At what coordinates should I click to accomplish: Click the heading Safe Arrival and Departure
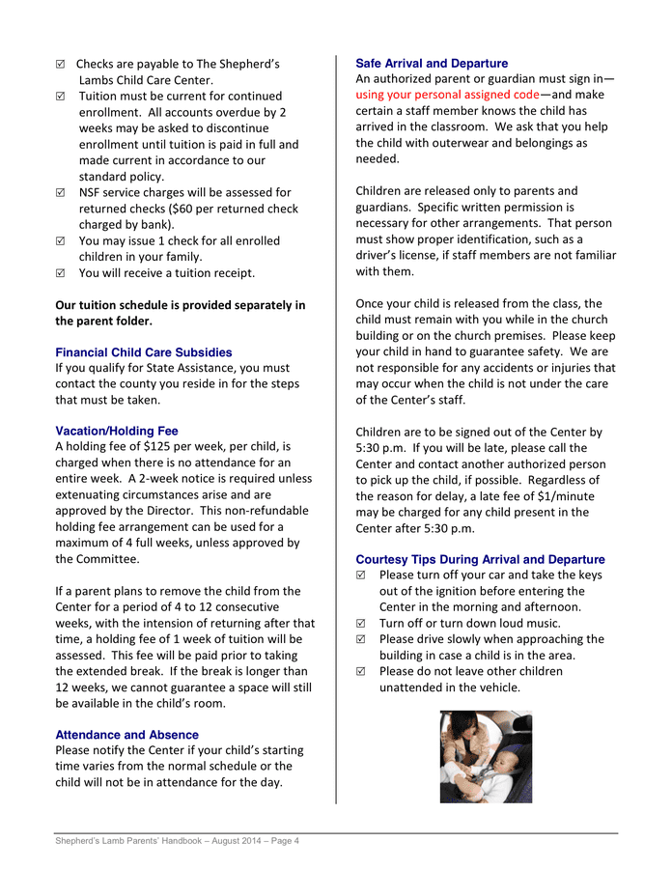(x=432, y=63)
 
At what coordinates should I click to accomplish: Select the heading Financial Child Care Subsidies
(x=144, y=352)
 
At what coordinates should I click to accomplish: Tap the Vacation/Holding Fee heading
(x=117, y=431)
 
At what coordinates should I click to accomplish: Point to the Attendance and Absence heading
(x=127, y=735)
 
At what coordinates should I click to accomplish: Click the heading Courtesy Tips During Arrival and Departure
(x=480, y=559)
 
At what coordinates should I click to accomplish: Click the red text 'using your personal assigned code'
(x=447, y=95)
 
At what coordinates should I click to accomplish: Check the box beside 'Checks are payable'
(x=61, y=64)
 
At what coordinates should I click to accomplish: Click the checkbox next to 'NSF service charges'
(x=61, y=193)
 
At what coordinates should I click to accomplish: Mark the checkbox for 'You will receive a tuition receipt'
(x=61, y=273)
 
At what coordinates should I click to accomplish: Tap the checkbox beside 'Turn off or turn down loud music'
(x=361, y=624)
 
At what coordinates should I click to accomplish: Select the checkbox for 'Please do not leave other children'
(x=361, y=671)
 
